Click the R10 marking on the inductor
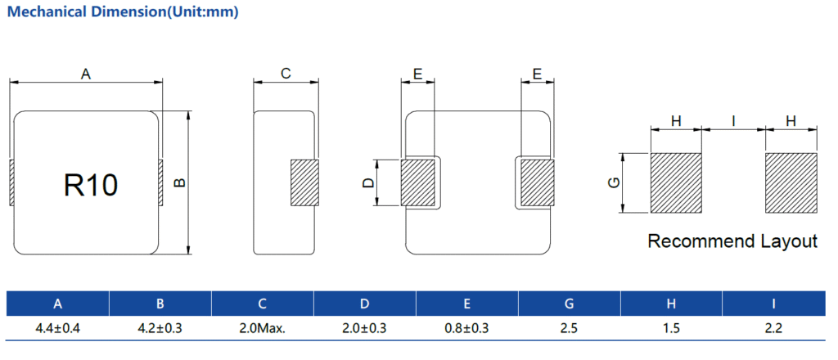[x=91, y=185]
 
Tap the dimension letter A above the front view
[x=85, y=74]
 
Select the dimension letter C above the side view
[x=286, y=74]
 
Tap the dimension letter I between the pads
[x=733, y=121]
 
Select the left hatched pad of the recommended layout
[x=676, y=183]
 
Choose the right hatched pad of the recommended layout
[x=791, y=183]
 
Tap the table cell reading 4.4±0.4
[x=57, y=328]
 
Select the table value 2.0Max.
[x=262, y=328]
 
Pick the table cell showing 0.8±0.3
[x=466, y=328]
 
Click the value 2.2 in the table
[x=773, y=328]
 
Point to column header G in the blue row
[x=569, y=304]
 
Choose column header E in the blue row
[x=466, y=304]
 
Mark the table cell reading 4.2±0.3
[x=160, y=328]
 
